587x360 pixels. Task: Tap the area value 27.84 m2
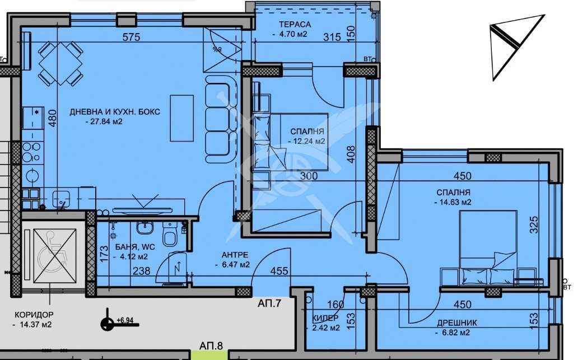[104, 121]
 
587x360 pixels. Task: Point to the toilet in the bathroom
[169, 236]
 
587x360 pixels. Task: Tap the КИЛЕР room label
[325, 318]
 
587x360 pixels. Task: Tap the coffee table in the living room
[181, 118]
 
